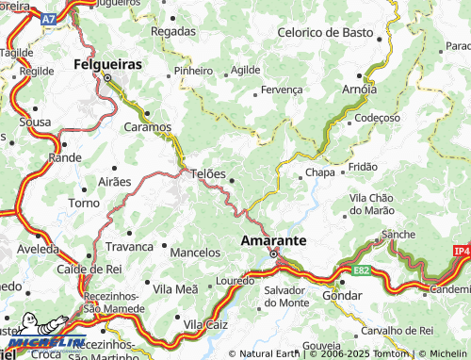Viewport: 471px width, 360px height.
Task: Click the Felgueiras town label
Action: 107,64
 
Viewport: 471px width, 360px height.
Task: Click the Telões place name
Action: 208,173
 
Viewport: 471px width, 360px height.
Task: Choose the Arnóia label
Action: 359,90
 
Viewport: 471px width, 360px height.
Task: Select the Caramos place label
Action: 149,125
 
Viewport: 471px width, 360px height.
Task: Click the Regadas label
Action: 172,31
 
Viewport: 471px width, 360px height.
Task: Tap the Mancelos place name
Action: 195,253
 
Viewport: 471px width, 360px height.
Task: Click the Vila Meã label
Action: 175,288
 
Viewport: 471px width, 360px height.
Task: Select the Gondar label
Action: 341,295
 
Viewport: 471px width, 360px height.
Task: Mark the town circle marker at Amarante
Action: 274,254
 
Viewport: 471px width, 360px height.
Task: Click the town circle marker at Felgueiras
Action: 107,78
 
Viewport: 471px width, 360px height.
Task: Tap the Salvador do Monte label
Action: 286,295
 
